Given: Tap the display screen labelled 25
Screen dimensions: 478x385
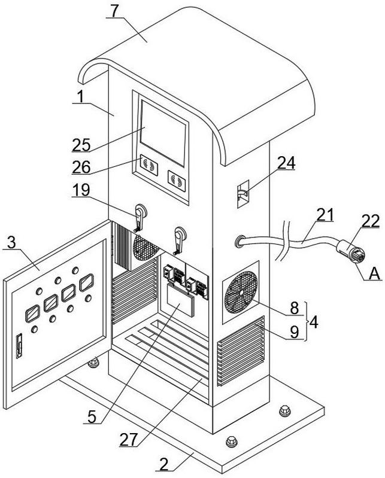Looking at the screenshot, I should pyautogui.click(x=162, y=132).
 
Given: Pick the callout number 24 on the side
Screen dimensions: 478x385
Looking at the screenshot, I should pyautogui.click(x=286, y=163).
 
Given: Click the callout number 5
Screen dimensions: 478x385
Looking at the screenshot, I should pyautogui.click(x=92, y=415).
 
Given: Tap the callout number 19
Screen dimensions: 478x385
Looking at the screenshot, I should pyautogui.click(x=81, y=190).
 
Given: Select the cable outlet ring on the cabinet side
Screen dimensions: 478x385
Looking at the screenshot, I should pyautogui.click(x=241, y=242).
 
